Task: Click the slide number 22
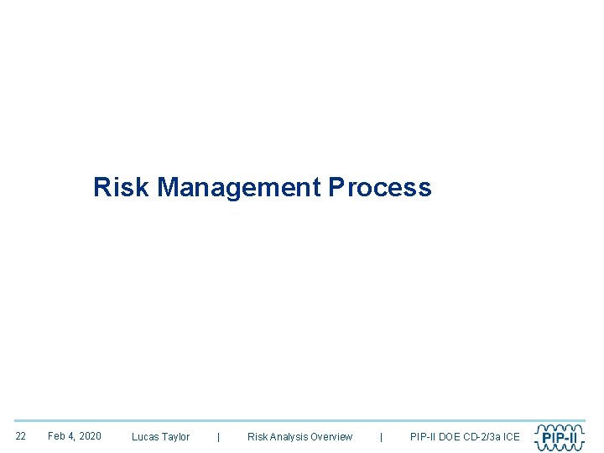coord(21,436)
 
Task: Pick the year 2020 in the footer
coord(89,436)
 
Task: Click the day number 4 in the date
coord(71,436)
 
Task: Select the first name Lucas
coord(145,437)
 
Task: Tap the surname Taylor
coord(176,437)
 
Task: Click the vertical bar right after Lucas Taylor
coord(219,437)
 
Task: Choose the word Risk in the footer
coord(257,437)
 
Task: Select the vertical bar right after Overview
coord(382,437)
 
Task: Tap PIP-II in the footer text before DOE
coord(423,437)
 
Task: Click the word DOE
coord(450,437)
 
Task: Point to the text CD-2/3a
coord(484,437)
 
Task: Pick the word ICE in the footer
coord(512,437)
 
